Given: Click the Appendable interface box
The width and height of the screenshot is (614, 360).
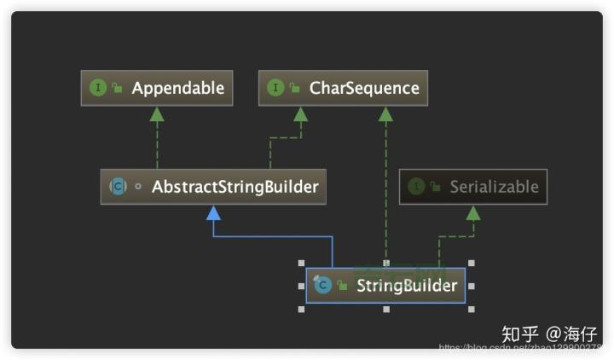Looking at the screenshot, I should coord(157,89).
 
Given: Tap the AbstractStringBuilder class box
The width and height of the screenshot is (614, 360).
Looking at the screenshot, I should coord(213,187).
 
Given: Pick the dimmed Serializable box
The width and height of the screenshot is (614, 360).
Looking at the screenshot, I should coord(473,187).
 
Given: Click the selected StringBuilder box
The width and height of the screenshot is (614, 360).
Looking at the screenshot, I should coord(385,286).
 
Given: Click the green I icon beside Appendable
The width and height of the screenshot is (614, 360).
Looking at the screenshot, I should coord(98,89).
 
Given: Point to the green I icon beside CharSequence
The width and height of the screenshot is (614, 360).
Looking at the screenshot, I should coord(275,89).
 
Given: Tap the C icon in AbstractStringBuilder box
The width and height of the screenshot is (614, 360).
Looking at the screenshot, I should coord(118,187).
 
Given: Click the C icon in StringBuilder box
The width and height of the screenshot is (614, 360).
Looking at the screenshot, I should coord(322,286).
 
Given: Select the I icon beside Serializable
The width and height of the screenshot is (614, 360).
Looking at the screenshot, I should coord(416,187).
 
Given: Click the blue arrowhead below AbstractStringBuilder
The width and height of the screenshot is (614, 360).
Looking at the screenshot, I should coord(213,212).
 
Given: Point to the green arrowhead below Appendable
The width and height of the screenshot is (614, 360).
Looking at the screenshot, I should coord(157,113).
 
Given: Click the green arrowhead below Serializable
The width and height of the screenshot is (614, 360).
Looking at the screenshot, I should coord(473,212).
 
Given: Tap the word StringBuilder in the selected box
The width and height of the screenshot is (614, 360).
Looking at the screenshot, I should coord(407,286).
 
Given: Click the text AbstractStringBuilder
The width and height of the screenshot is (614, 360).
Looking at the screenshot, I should coord(235,187).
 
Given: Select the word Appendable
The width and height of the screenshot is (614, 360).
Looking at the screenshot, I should coord(177,89).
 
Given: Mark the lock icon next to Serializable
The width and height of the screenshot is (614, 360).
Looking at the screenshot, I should coord(435,187).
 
